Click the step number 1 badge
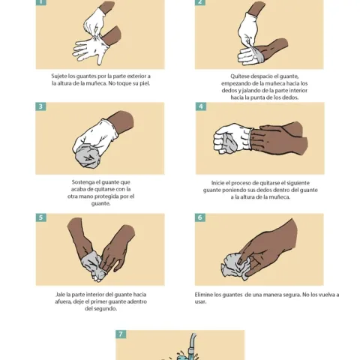click(40, 2)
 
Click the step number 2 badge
click(200, 2)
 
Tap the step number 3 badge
click(40, 106)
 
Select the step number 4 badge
click(200, 106)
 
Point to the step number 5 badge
click(40, 217)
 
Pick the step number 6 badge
click(200, 217)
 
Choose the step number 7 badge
click(120, 334)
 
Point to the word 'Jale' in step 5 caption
click(61, 295)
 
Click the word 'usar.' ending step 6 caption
click(201, 302)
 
